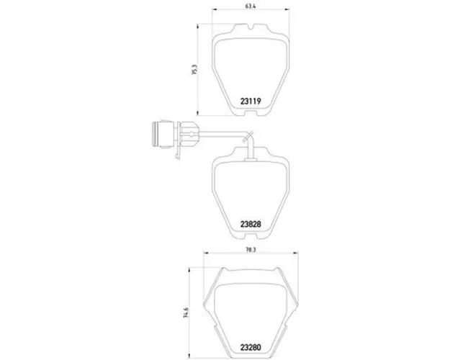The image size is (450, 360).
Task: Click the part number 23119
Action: [251, 102]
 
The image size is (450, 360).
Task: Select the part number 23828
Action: [251, 224]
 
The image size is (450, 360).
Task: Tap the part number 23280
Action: [251, 347]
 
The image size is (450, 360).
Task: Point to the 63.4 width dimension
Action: [251, 6]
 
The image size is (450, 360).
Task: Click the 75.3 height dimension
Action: [194, 70]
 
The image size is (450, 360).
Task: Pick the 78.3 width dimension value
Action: [251, 250]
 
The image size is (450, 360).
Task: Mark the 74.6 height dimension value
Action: [186, 312]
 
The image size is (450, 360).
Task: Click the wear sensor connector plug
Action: [163, 134]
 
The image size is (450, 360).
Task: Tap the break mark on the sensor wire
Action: [248, 136]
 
